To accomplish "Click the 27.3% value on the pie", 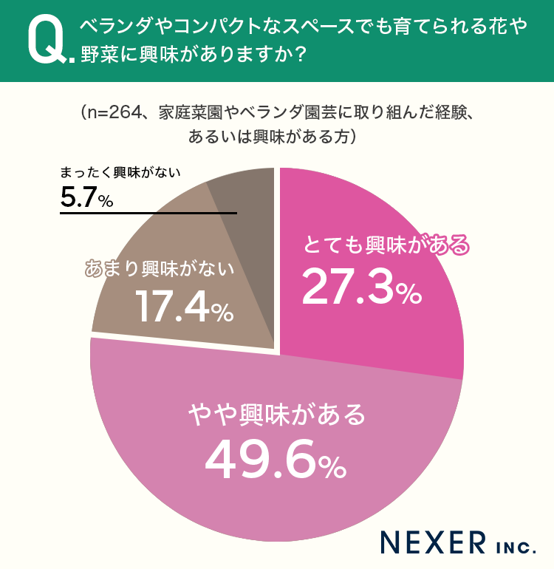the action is [362, 287].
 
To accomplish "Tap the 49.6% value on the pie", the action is [276, 459].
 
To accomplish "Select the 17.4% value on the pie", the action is [185, 307].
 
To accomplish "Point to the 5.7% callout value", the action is [86, 198].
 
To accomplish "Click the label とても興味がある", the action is [386, 245].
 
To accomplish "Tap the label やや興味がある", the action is [276, 415].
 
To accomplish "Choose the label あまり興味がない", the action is [160, 269].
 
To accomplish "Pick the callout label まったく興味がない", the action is [120, 172].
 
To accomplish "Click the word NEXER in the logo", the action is [433, 542].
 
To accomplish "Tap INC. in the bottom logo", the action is [516, 547].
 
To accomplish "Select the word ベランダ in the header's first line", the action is [111, 27].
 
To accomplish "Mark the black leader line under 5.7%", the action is [148, 213].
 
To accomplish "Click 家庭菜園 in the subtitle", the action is [191, 113].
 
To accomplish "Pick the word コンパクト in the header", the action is [210, 27].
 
